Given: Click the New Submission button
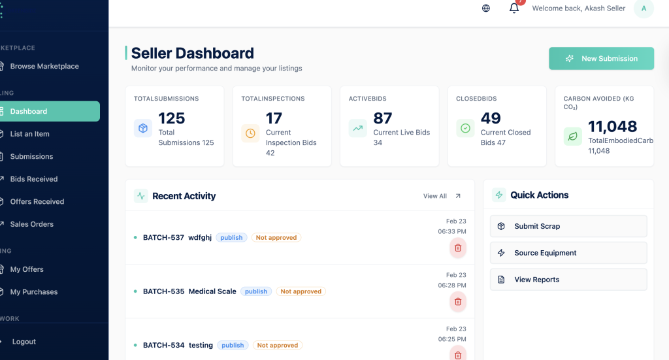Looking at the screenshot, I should (x=601, y=58).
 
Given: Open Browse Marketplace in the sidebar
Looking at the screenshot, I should (x=44, y=66).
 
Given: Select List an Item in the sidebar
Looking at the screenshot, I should (x=29, y=134).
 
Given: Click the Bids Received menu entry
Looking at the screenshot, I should (x=34, y=179).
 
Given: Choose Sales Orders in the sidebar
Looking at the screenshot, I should (x=32, y=224).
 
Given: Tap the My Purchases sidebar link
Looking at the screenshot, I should (x=34, y=292).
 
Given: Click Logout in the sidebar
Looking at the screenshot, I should (x=24, y=342).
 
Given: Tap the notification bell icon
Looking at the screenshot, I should (x=514, y=8).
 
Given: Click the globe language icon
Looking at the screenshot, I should (x=486, y=8).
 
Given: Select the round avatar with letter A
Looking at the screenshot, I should (x=644, y=8).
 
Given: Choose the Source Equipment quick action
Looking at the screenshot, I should (x=568, y=253).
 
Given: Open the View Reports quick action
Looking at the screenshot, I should (x=568, y=280).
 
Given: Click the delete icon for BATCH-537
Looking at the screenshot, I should (x=458, y=248).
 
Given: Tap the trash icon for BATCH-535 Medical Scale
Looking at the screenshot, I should (x=458, y=301).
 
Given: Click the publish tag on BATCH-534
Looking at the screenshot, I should (x=233, y=346).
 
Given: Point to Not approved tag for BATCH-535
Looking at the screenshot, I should (x=301, y=291).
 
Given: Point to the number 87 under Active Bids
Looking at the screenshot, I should (x=383, y=118).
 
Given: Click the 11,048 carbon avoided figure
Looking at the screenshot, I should (x=613, y=126).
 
